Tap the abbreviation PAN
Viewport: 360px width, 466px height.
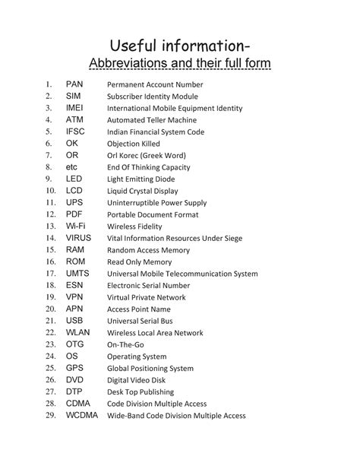tap(74, 84)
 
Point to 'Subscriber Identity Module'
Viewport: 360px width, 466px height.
tap(153, 97)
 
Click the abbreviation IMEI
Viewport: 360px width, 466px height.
tap(75, 108)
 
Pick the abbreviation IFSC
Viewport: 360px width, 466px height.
tap(75, 131)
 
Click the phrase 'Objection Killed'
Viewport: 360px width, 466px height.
tap(133, 143)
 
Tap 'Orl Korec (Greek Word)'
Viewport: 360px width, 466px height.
tap(145, 155)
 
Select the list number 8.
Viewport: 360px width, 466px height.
tap(48, 166)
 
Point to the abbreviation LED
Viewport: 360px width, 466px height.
tap(74, 178)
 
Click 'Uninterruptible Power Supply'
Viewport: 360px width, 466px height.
tap(156, 203)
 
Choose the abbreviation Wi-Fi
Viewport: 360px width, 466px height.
tap(75, 226)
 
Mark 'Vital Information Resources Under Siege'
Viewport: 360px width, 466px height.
tap(175, 238)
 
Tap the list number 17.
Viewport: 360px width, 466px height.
tap(50, 273)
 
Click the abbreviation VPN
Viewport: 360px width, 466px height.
tap(74, 296)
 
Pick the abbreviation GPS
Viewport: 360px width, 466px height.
tap(74, 367)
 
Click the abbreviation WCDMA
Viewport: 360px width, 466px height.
tap(82, 415)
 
